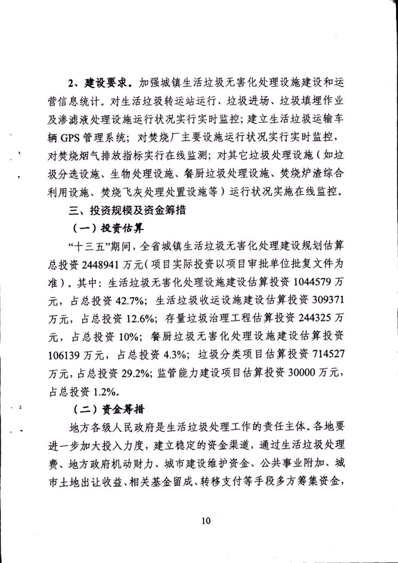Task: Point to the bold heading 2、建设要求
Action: (100, 85)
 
